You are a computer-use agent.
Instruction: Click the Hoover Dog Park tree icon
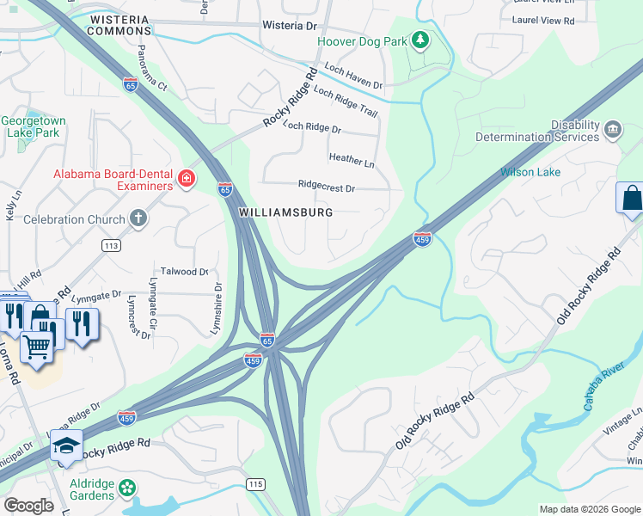tap(419, 40)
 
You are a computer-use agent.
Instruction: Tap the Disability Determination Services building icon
tap(613, 129)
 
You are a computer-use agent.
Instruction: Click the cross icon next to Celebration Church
tap(138, 219)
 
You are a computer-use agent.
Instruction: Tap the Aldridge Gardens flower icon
tap(127, 488)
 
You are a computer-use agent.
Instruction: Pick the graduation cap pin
tap(66, 445)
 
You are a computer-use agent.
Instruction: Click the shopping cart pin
tap(37, 347)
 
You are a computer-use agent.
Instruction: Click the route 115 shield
tap(254, 486)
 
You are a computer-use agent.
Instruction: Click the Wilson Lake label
tap(530, 172)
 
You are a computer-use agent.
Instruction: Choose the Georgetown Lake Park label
tap(30, 127)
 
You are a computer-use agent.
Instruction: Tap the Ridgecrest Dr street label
tap(326, 186)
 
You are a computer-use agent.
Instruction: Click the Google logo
tap(28, 506)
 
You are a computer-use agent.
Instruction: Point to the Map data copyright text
tap(588, 509)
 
